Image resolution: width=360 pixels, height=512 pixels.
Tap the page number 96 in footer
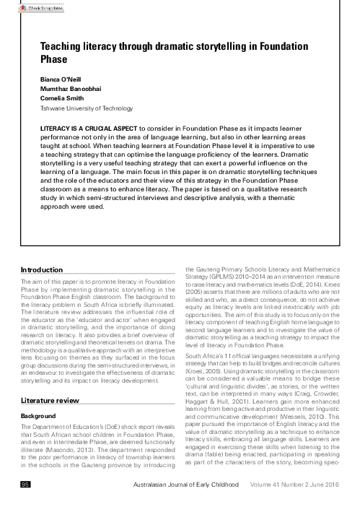coord(26,503)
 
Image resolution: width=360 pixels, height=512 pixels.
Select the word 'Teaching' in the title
coord(60,45)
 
